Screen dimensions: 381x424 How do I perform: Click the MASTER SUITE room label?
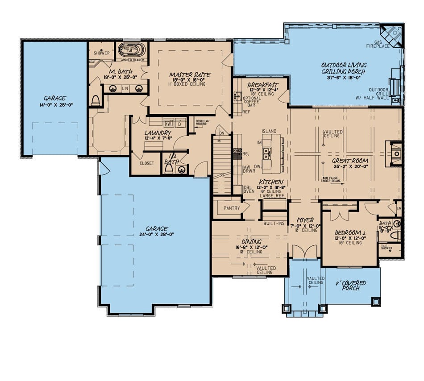click(190, 75)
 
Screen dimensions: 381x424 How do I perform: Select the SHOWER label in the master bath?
click(102, 53)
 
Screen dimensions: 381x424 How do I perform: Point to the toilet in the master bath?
click(95, 100)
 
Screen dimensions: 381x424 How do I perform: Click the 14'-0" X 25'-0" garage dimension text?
click(55, 105)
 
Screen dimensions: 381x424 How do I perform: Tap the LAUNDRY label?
click(158, 133)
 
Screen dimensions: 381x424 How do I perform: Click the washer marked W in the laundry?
click(169, 124)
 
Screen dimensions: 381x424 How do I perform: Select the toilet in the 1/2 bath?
click(170, 170)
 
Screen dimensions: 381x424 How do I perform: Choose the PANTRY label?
click(232, 208)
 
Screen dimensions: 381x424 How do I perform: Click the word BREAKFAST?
click(263, 84)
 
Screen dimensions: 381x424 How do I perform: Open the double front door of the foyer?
click(305, 252)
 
